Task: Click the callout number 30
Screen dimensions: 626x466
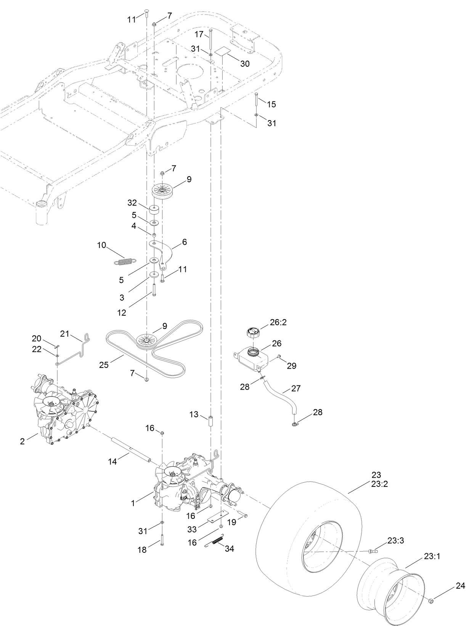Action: [244, 64]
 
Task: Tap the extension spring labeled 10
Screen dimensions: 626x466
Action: [124, 262]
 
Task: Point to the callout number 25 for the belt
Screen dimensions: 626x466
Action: [103, 365]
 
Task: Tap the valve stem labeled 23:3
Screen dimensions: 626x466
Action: [373, 551]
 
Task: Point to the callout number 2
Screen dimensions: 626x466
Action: [22, 441]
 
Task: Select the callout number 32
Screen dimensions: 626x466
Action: [132, 202]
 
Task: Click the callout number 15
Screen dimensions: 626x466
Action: [271, 104]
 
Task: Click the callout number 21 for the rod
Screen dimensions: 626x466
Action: [64, 334]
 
